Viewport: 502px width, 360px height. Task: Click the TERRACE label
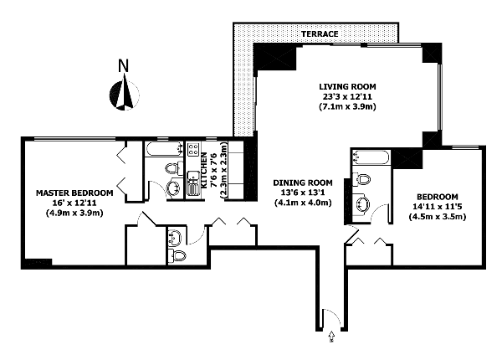(x=320, y=34)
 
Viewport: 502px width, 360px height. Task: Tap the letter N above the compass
(x=124, y=65)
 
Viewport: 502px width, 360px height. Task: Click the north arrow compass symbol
(x=125, y=93)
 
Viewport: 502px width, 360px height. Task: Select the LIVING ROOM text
(x=347, y=86)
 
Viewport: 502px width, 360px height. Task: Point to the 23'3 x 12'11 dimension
(x=347, y=96)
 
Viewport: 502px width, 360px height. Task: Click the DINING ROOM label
(x=303, y=183)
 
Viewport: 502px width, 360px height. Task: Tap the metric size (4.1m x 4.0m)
(x=303, y=203)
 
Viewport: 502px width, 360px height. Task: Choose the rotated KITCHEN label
(x=204, y=170)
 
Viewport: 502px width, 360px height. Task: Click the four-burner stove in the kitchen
(x=193, y=149)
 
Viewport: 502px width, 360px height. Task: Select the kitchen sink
(x=192, y=183)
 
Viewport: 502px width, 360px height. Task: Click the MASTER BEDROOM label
(x=74, y=193)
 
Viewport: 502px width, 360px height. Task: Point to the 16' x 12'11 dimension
(x=74, y=203)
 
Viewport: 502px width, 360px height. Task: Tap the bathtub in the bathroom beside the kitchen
(x=163, y=149)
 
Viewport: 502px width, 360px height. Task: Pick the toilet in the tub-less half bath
(x=177, y=256)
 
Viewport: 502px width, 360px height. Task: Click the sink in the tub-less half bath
(x=175, y=237)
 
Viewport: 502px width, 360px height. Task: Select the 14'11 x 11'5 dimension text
(x=437, y=207)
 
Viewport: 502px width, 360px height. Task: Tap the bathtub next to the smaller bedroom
(x=371, y=157)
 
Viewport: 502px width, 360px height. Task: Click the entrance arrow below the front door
(x=331, y=337)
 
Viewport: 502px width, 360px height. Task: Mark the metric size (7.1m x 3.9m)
(x=347, y=106)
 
